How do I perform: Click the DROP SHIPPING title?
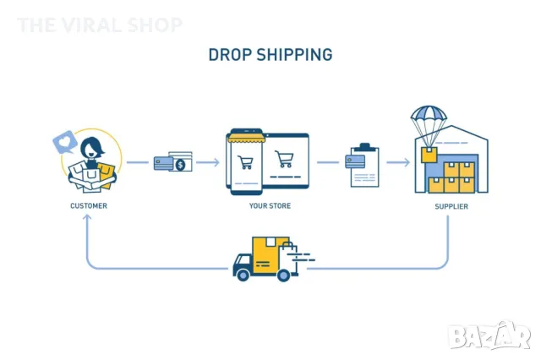(270, 54)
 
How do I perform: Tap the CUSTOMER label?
(89, 205)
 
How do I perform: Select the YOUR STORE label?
(270, 205)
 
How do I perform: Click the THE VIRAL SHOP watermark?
(100, 25)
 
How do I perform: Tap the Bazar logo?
(490, 337)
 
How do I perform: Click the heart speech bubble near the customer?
(63, 141)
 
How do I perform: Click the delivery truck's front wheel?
(243, 273)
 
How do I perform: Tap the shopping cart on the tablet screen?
(285, 159)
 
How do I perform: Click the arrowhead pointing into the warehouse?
(408, 161)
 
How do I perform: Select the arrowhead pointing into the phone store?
(218, 161)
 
